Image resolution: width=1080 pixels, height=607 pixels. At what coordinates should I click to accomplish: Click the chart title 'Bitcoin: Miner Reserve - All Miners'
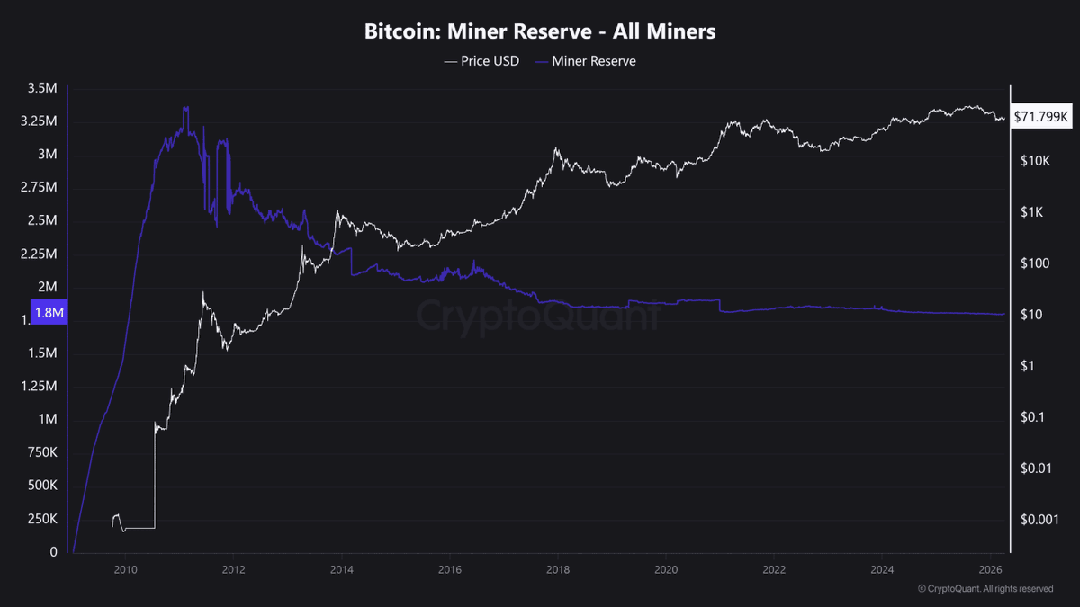[x=540, y=32]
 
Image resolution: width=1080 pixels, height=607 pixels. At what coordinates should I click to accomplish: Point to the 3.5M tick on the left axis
[x=43, y=88]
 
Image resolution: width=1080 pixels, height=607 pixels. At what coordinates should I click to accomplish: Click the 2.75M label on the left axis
[x=40, y=187]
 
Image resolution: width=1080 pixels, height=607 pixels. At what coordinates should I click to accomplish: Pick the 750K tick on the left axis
[x=41, y=452]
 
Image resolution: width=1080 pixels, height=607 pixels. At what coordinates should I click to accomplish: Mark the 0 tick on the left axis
[x=53, y=552]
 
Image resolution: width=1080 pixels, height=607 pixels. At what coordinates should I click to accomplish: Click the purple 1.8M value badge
[x=48, y=313]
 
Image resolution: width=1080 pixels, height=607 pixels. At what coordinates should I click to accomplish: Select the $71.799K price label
[x=1040, y=117]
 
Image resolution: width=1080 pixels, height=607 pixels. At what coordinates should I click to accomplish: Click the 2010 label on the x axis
[x=125, y=569]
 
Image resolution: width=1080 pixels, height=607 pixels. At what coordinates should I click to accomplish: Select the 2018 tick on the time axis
[x=557, y=569]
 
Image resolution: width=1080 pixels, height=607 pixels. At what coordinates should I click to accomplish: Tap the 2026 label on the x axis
[x=990, y=569]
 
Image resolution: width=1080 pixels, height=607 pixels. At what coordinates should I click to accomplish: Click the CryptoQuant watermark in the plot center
[x=538, y=316]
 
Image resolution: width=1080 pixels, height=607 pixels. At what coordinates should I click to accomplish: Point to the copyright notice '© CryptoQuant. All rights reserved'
[x=985, y=589]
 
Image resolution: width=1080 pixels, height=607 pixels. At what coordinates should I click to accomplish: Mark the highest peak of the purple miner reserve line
[x=185, y=107]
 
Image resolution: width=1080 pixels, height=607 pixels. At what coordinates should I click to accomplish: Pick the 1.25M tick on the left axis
[x=40, y=387]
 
